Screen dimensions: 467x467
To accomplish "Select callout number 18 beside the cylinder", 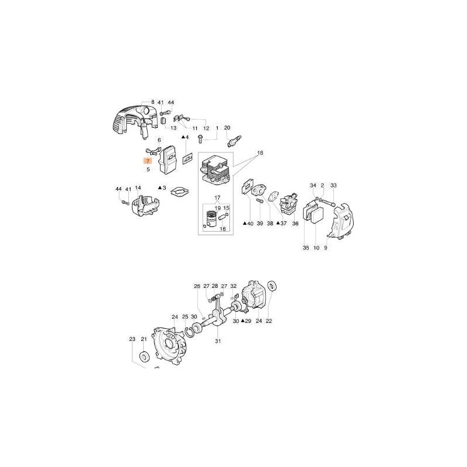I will click(260, 152).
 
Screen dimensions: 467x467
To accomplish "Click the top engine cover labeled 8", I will click(129, 119).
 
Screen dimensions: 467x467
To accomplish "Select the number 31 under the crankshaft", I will click(217, 341).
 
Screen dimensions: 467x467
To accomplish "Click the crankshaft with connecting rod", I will click(219, 312).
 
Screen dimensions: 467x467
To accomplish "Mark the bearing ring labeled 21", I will click(143, 356).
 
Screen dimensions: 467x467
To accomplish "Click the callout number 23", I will click(132, 339).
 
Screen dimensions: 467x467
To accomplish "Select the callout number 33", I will click(333, 186).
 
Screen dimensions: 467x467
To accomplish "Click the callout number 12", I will click(205, 128).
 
